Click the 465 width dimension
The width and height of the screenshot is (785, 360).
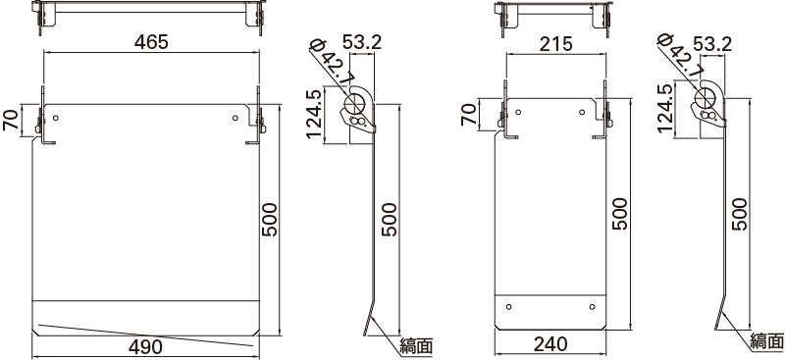point(151,42)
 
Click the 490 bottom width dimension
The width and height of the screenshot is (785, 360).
point(145,346)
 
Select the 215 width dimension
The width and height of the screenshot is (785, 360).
point(556,44)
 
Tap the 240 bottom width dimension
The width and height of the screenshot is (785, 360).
point(550,344)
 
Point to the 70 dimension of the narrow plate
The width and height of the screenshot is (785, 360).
point(470,114)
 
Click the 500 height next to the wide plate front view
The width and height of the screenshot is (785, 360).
point(269,220)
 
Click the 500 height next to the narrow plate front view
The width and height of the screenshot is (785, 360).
point(619,214)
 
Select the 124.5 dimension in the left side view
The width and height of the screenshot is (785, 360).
point(314,115)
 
